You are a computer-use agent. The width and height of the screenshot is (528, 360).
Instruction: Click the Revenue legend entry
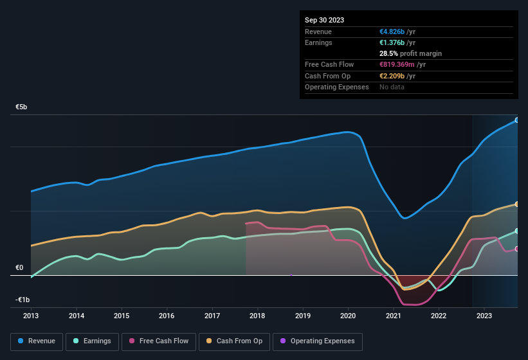click(37, 341)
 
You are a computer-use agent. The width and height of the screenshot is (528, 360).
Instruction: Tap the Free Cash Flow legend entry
click(159, 341)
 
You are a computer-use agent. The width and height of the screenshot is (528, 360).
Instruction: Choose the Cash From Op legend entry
click(235, 341)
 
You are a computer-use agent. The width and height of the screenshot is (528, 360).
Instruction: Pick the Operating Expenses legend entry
click(318, 341)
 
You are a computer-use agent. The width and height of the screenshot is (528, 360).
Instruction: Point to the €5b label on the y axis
click(22, 107)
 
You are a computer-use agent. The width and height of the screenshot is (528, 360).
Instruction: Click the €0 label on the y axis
click(19, 267)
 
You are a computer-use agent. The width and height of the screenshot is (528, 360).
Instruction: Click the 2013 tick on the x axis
click(31, 316)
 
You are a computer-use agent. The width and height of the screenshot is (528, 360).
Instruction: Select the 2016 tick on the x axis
click(167, 316)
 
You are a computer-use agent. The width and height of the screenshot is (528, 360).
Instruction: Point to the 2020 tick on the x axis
click(348, 316)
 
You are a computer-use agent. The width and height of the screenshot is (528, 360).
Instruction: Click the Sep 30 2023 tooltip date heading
click(324, 20)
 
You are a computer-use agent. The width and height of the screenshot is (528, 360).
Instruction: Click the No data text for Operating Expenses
click(392, 87)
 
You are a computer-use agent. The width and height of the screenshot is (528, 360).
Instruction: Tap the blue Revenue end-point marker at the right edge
click(517, 120)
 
